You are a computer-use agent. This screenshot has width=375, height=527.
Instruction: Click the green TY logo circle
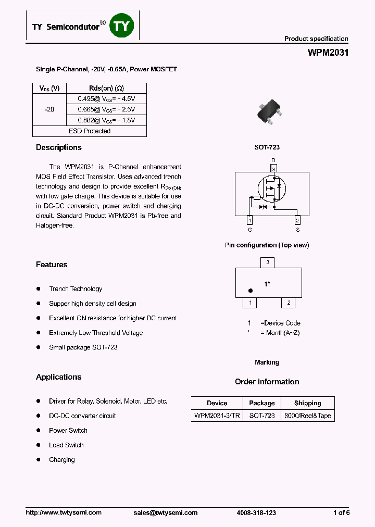pyautogui.click(x=121, y=26)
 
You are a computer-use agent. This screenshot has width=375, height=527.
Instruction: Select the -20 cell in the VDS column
pyautogui.click(x=49, y=109)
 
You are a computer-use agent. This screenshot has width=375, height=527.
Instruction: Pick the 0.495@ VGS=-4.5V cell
pyautogui.click(x=107, y=98)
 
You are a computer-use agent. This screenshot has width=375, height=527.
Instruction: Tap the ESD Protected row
pyautogui.click(x=90, y=131)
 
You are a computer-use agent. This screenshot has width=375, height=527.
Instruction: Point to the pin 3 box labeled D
pyautogui.click(x=272, y=169)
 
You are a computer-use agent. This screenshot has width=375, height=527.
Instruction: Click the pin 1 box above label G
pyautogui.click(x=249, y=219)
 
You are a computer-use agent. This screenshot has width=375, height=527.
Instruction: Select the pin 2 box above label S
pyautogui.click(x=297, y=219)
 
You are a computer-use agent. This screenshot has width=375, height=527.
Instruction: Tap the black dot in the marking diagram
pyautogui.click(x=250, y=291)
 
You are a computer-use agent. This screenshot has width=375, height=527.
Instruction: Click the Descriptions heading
pyautogui.click(x=58, y=148)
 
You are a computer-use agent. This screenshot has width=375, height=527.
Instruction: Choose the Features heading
pyautogui.click(x=52, y=265)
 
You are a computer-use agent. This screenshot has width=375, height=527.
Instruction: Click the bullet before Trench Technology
pyautogui.click(x=39, y=288)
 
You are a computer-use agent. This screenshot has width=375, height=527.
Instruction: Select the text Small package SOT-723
pyautogui.click(x=83, y=347)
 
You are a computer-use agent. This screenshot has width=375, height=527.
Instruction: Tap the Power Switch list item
pyautogui.click(x=68, y=431)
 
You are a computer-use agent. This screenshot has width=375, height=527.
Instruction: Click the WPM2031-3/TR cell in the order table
pyautogui.click(x=217, y=416)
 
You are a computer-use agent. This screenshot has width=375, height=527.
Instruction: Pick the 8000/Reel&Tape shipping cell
pyautogui.click(x=308, y=416)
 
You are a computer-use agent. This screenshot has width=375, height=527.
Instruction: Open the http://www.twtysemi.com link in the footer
pyautogui.click(x=64, y=513)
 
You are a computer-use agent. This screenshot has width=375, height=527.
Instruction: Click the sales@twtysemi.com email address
pyautogui.click(x=166, y=513)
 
